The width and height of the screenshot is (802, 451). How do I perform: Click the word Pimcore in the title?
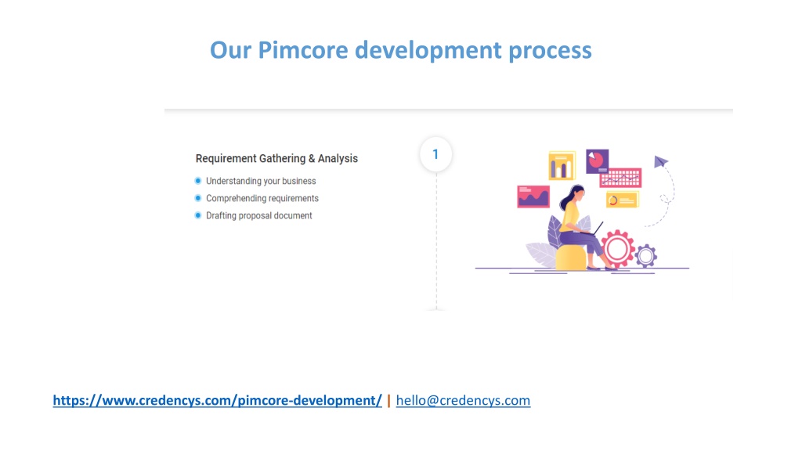tap(303, 50)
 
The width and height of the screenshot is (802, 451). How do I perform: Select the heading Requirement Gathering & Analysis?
tap(276, 158)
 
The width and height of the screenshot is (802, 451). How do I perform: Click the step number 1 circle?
tap(435, 154)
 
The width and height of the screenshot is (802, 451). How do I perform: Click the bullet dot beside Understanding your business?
tap(198, 181)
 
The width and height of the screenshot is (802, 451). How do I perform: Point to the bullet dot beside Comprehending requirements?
tap(198, 198)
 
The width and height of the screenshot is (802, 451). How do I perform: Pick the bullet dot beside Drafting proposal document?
tap(198, 215)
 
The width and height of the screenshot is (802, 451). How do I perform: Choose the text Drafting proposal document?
tap(258, 216)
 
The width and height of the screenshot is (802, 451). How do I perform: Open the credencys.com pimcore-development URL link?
tap(218, 400)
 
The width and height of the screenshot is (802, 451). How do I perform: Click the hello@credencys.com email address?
tap(464, 400)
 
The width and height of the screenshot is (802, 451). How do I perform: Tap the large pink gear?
tap(617, 249)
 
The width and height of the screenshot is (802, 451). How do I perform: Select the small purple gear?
tap(646, 255)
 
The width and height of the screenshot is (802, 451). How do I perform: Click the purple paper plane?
tap(661, 161)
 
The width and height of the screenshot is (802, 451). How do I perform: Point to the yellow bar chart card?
tap(562, 166)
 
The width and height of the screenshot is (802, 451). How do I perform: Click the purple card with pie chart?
tap(598, 161)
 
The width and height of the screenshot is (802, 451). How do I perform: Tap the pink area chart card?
tap(533, 197)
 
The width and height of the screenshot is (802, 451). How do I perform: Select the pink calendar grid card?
tap(620, 178)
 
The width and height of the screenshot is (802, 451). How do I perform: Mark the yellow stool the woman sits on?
tap(571, 258)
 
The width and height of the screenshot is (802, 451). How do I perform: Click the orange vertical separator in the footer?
tap(388, 401)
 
